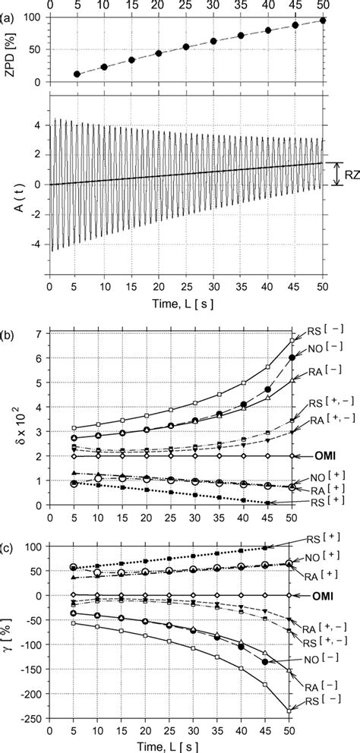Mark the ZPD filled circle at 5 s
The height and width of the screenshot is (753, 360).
coord(77,74)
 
